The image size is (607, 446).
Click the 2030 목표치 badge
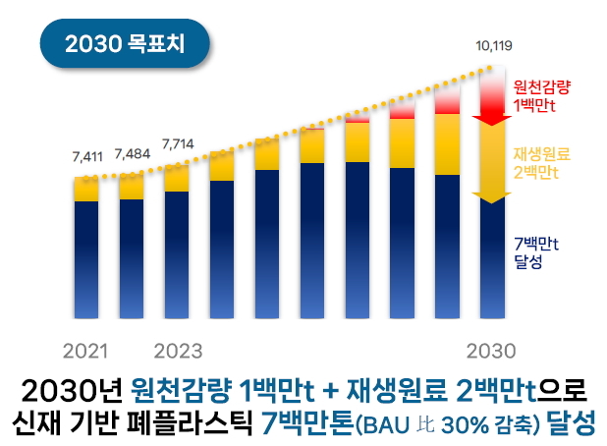click(x=123, y=44)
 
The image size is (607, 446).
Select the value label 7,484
click(x=132, y=154)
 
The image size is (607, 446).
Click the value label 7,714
click(x=177, y=143)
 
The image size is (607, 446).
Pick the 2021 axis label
click(x=85, y=350)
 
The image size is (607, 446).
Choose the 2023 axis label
click(x=179, y=350)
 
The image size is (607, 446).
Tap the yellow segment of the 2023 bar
click(x=177, y=179)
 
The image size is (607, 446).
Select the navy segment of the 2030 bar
click(x=492, y=260)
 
